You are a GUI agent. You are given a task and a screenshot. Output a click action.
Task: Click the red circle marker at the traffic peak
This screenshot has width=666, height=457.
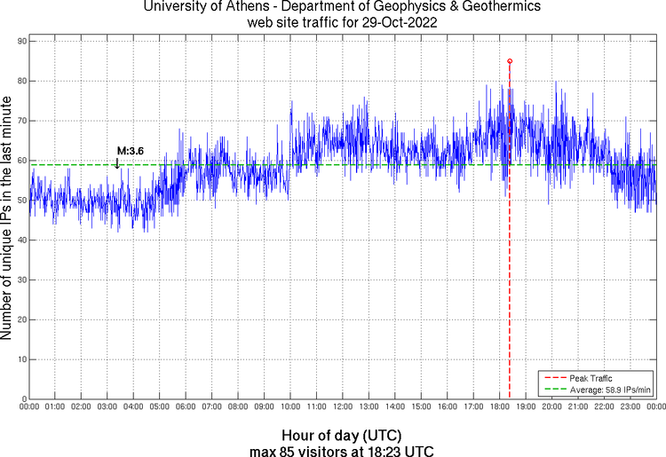point(510,61)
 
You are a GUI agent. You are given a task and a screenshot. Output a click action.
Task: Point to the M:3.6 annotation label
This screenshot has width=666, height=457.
point(131,151)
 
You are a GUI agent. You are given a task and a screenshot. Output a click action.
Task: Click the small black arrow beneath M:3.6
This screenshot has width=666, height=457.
point(117,162)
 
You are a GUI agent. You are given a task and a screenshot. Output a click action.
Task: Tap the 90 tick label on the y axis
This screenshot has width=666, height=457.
point(20,41)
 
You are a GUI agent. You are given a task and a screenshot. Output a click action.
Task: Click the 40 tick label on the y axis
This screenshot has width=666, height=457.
point(20,240)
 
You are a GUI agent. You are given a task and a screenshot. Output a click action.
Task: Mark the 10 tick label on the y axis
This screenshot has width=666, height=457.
point(20,360)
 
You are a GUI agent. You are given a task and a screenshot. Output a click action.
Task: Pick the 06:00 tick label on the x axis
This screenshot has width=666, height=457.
point(186,407)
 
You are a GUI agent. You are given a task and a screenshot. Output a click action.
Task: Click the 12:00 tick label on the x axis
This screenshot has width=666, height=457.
point(343,407)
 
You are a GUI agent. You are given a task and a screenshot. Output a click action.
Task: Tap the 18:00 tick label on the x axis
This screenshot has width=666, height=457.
point(499,407)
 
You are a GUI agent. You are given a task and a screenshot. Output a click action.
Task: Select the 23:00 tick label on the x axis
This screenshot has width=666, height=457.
point(630,407)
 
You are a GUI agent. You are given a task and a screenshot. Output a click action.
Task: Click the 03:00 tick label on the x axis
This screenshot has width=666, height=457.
point(107,407)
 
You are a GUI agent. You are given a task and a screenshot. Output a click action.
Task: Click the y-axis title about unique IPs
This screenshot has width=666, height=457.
point(8,218)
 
